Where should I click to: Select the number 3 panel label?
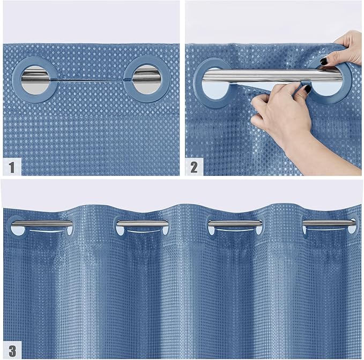pyautogui.click(x=12, y=350)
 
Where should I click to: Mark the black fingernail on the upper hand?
pyautogui.click(x=324, y=61)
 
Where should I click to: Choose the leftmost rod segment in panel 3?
pyautogui.click(x=42, y=223)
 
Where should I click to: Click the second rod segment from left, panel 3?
pyautogui.click(x=142, y=223)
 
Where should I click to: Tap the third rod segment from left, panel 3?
pyautogui.click(x=235, y=223)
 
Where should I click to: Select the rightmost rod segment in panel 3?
pyautogui.click(x=329, y=223)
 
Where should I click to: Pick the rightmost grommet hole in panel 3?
pyautogui.click(x=352, y=229)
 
